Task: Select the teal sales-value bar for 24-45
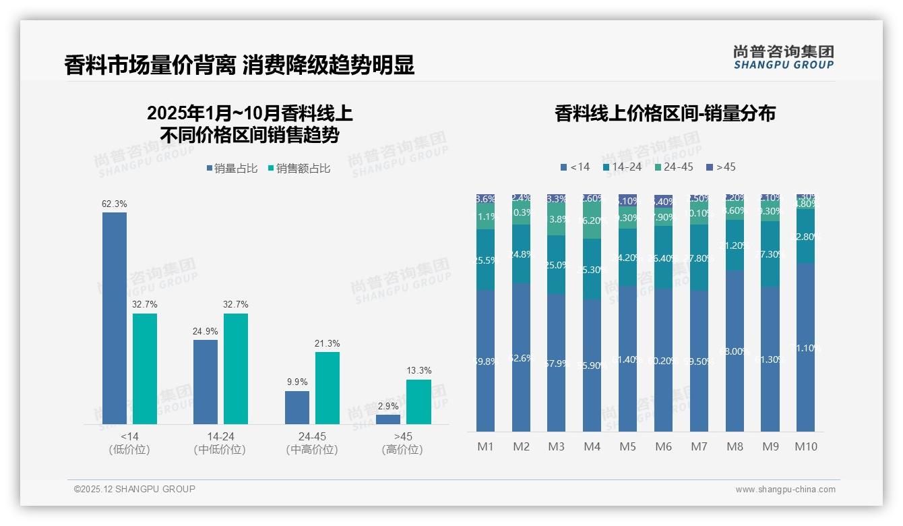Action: [327, 388]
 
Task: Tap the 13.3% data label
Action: [418, 370]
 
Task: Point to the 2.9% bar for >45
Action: [387, 419]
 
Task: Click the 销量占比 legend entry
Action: [231, 169]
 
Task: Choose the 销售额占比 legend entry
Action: [299, 169]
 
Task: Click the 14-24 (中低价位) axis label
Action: [220, 443]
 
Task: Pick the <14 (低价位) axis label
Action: [129, 443]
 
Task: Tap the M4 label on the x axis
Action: [592, 446]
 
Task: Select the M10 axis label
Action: [806, 446]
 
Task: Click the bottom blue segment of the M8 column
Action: [735, 351]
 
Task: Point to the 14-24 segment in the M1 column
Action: [485, 260]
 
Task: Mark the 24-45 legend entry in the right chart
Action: [675, 167]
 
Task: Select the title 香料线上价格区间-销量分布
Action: [664, 113]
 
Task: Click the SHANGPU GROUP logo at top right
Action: [783, 57]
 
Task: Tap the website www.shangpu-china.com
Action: [785, 490]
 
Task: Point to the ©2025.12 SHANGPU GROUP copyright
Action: [135, 489]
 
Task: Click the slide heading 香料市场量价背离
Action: [150, 65]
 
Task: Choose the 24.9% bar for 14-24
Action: [206, 382]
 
